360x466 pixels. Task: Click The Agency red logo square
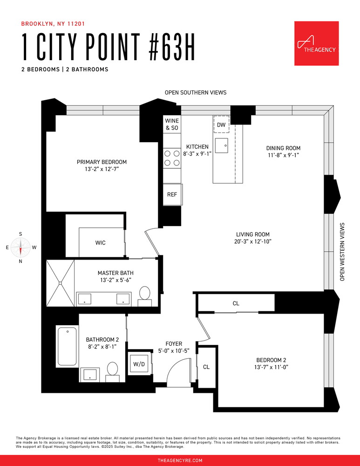pos(316,43)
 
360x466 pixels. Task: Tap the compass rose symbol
pos(20,247)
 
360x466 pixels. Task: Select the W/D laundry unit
pos(139,364)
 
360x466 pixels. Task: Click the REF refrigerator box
pos(172,194)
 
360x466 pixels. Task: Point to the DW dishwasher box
pos(221,124)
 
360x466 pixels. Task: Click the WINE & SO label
pos(172,124)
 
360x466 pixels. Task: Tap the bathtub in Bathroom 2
pos(67,346)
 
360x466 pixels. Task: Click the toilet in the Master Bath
pos(145,296)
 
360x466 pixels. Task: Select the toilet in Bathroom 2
pos(112,371)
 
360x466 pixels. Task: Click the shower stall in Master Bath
pos(60,283)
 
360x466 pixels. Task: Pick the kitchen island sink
pos(222,145)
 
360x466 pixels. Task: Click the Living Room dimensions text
pos(253,241)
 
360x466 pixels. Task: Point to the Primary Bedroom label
pos(102,162)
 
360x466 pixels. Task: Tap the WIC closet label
pos(101,243)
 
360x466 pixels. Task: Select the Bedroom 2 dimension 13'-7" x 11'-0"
pos(271,367)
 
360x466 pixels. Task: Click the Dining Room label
pos(283,148)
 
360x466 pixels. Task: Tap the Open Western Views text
pos(342,252)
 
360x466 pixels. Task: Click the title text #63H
pos(172,47)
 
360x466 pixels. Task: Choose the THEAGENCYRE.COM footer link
pos(180,460)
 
